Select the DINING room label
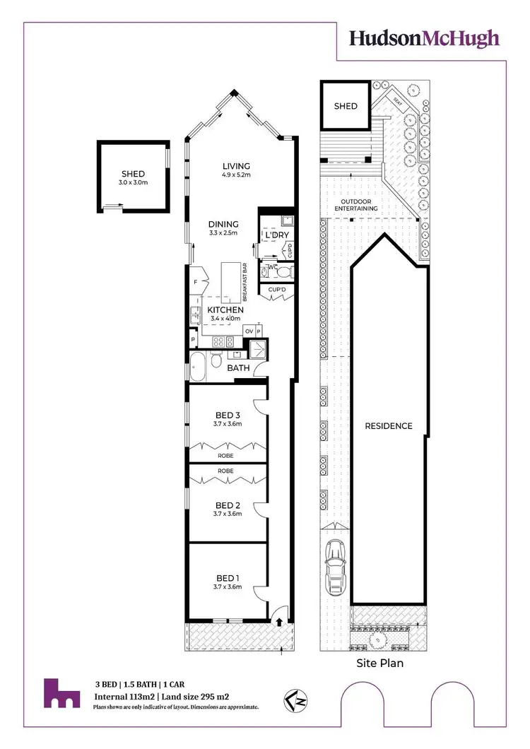tap(223, 224)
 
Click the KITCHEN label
tap(225, 309)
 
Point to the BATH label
tap(239, 368)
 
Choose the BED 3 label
tap(228, 415)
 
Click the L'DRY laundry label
tap(274, 235)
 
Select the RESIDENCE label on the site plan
tap(388, 426)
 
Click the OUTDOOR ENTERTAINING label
tap(357, 204)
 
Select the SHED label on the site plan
tap(346, 107)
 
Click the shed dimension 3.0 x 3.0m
tap(133, 183)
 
